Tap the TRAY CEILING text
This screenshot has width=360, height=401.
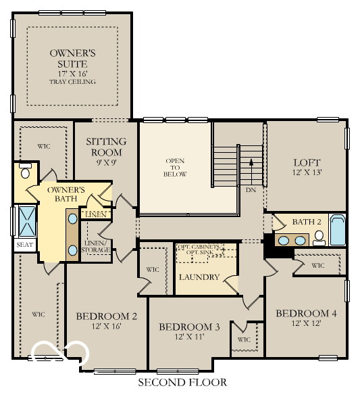[72, 82]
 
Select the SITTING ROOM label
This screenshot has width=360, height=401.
[106, 146]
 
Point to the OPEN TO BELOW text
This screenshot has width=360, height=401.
[175, 167]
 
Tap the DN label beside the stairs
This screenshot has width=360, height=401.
[251, 190]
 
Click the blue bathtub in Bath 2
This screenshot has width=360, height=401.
[337, 230]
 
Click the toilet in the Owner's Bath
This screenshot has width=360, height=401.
[25, 170]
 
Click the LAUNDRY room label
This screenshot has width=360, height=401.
[199, 277]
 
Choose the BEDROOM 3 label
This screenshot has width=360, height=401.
[189, 327]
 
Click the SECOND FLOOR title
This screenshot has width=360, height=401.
[182, 383]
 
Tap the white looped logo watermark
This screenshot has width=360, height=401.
[61, 350]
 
